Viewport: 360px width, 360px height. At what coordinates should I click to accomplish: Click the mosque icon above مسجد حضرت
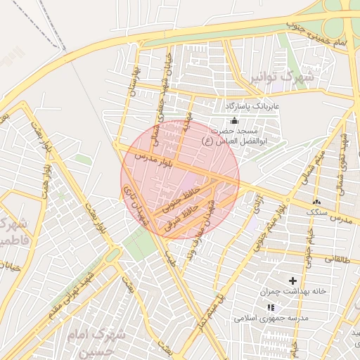pos(234,120)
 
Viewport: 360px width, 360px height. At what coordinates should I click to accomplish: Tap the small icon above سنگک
pos(317,200)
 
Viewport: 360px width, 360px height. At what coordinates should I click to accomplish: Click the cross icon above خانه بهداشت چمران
pos(293,281)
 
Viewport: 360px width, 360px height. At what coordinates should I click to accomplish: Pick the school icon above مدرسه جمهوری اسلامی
pos(271,307)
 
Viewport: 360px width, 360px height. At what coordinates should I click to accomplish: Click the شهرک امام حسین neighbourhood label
pos(98,341)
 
